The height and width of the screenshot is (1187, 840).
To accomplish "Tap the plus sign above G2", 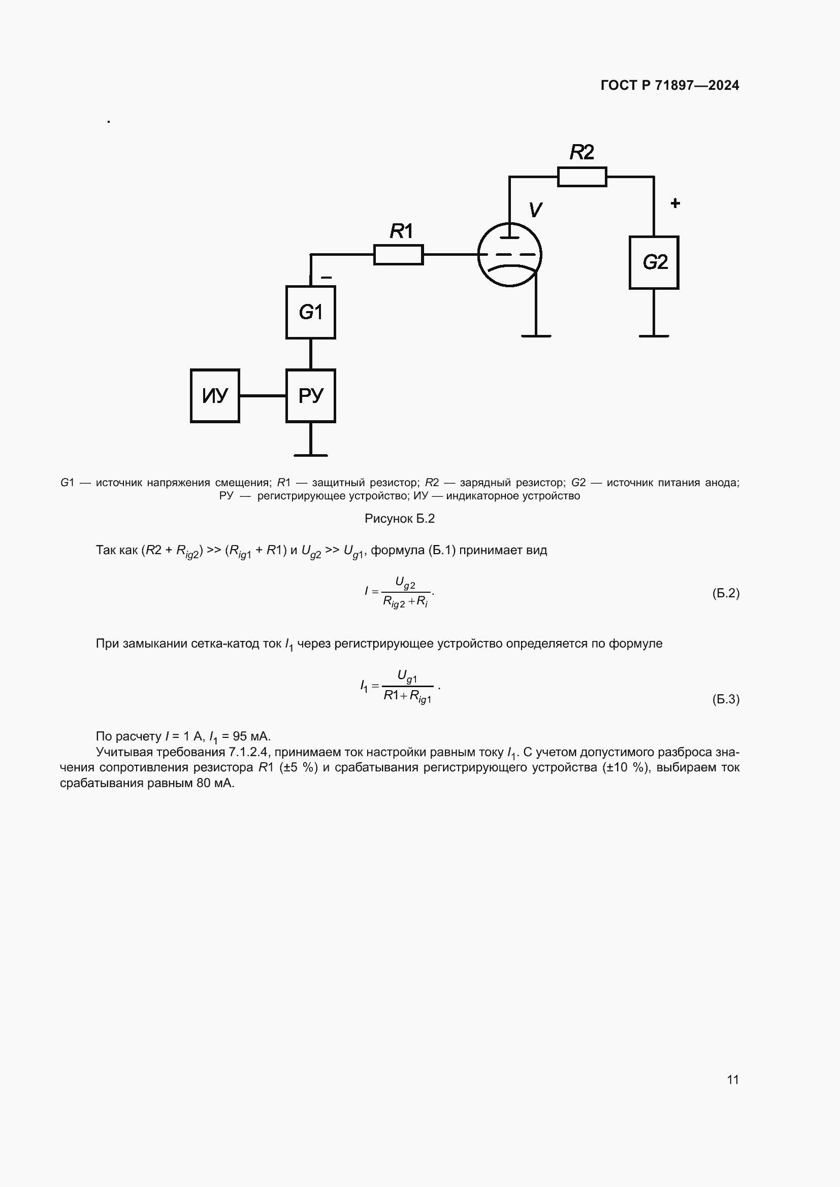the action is (675, 203).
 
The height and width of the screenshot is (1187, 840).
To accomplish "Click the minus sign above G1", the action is (327, 278).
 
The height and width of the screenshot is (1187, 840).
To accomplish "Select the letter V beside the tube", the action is (535, 210).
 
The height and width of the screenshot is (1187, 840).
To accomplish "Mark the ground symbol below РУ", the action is (310, 455).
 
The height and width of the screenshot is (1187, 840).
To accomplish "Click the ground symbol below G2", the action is (654, 336).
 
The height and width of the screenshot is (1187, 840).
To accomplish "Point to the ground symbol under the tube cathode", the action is (536, 336).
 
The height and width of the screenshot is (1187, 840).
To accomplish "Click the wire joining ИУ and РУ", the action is (263, 396).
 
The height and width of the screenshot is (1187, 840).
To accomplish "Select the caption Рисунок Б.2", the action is (400, 519).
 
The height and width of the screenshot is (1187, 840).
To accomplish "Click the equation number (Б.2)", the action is (726, 593).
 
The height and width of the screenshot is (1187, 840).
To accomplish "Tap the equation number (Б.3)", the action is (726, 699).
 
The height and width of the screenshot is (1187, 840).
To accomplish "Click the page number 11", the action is (733, 1079).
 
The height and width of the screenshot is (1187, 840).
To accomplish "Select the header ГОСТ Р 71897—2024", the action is (670, 85).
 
